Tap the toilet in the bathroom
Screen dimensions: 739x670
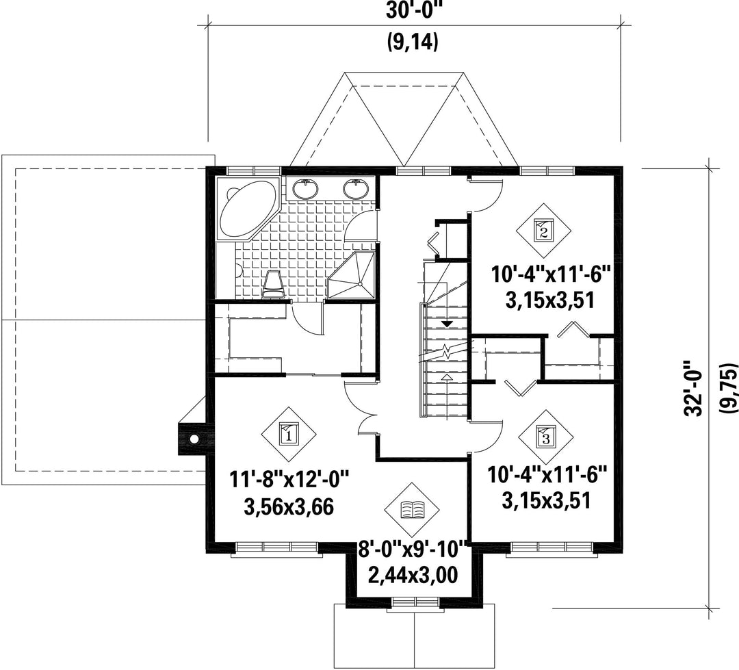pyautogui.click(x=273, y=284)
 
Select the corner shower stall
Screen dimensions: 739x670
pyautogui.click(x=352, y=275)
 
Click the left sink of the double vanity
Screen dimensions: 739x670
pyautogui.click(x=305, y=189)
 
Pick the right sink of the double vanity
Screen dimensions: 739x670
pyautogui.click(x=355, y=189)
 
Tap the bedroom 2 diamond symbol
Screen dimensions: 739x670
pyautogui.click(x=543, y=231)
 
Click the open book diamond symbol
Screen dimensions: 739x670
pyautogui.click(x=412, y=510)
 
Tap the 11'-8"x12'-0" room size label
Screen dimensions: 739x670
pyautogui.click(x=289, y=481)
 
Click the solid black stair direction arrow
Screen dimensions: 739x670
pyautogui.click(x=446, y=324)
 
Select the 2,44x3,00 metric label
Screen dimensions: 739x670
pyautogui.click(x=413, y=576)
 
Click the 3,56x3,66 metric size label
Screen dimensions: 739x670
pyautogui.click(x=289, y=507)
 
